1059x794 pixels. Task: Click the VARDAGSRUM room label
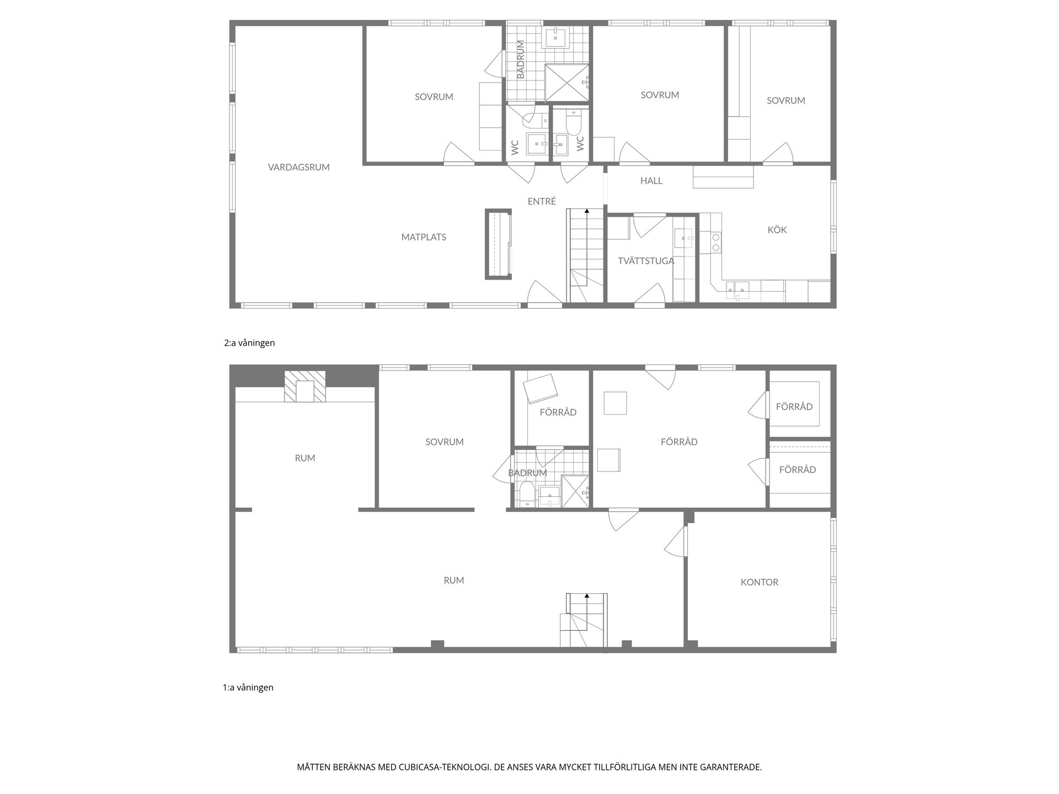(x=298, y=167)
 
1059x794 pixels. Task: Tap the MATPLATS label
(x=424, y=237)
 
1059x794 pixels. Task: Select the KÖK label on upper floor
(x=777, y=230)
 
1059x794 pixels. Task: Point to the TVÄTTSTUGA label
(x=645, y=261)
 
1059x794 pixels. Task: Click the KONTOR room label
(x=759, y=582)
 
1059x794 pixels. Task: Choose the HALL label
(x=651, y=181)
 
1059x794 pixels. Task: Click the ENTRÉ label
(x=542, y=202)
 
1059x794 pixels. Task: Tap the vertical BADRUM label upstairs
(x=520, y=60)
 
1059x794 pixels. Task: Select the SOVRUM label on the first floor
(x=444, y=442)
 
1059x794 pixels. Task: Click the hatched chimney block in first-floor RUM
(x=305, y=387)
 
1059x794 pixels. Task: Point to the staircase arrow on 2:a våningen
(x=587, y=211)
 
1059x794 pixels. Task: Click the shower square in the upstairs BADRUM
(x=566, y=83)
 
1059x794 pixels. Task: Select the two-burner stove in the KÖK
(x=716, y=243)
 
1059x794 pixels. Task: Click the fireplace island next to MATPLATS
(x=499, y=244)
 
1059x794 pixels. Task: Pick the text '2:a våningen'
(x=249, y=343)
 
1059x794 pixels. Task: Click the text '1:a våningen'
(x=248, y=688)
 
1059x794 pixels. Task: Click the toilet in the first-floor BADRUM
(x=527, y=493)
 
